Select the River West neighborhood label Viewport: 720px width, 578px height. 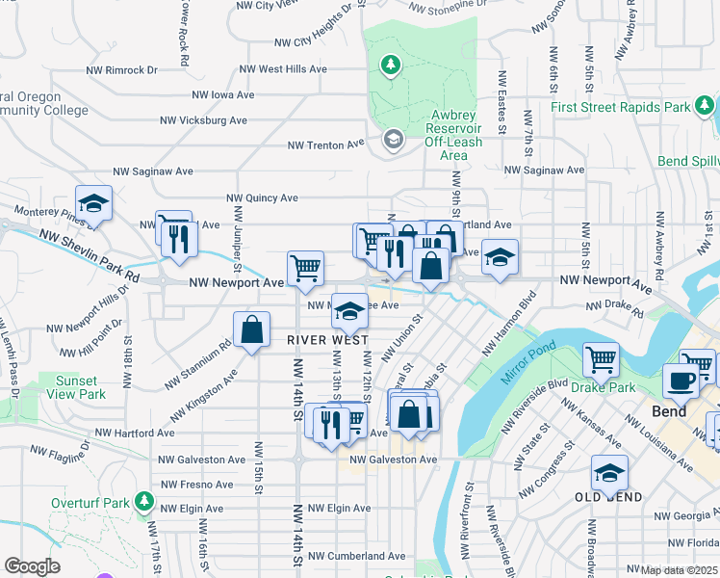tap(328, 339)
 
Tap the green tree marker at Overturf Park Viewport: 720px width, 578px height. tap(144, 502)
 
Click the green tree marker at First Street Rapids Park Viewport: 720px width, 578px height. tap(706, 105)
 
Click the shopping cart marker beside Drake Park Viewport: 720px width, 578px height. tap(601, 358)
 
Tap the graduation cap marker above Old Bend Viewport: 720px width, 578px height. tap(608, 472)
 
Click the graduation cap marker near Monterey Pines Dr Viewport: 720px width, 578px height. tap(94, 202)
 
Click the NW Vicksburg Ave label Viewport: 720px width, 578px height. tap(206, 120)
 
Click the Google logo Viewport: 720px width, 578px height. tap(32, 567)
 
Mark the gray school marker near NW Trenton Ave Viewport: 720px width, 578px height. tap(393, 141)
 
